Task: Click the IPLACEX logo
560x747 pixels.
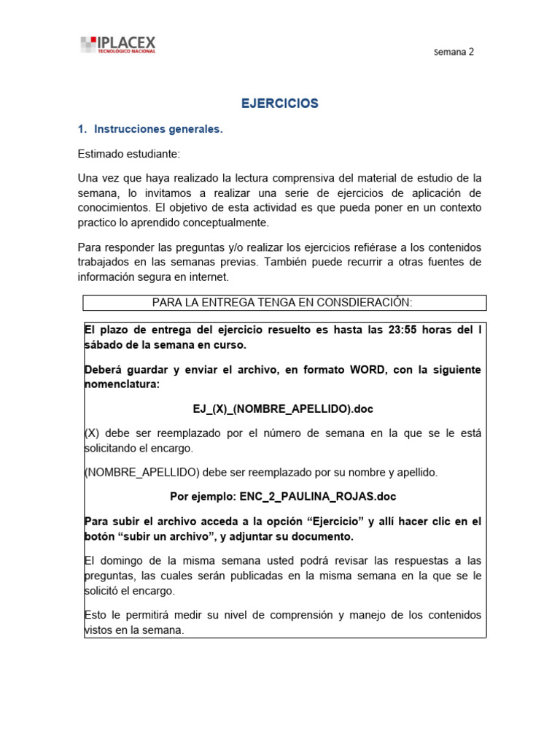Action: pyautogui.click(x=117, y=44)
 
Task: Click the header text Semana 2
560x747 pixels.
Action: pyautogui.click(x=454, y=52)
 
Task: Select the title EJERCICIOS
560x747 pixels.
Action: pyautogui.click(x=280, y=104)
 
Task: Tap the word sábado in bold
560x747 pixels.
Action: pyautogui.click(x=103, y=344)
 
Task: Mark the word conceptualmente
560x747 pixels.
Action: pyautogui.click(x=217, y=222)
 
